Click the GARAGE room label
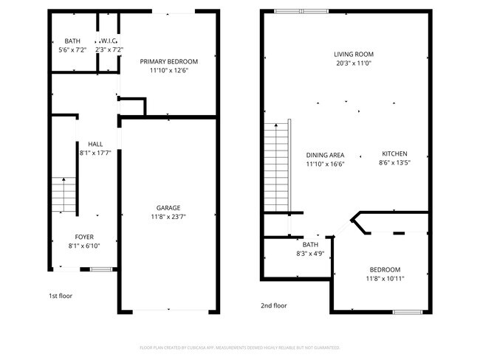pos(168,207)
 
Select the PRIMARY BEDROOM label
pos(169,61)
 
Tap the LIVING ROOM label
pos(354,54)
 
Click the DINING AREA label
pos(325,155)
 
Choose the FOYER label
pos(83,237)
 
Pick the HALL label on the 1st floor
pos(95,144)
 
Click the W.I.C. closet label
pos(109,41)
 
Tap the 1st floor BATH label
pos(72,41)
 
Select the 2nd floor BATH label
pos(309,244)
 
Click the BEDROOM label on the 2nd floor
pos(385,269)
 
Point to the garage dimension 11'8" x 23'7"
pos(168,217)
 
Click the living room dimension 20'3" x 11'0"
pos(354,63)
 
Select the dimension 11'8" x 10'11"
pos(385,279)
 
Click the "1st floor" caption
pos(61,296)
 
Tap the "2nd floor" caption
pos(273,305)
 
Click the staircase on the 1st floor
pos(64,195)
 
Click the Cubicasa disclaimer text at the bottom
pos(239,347)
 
